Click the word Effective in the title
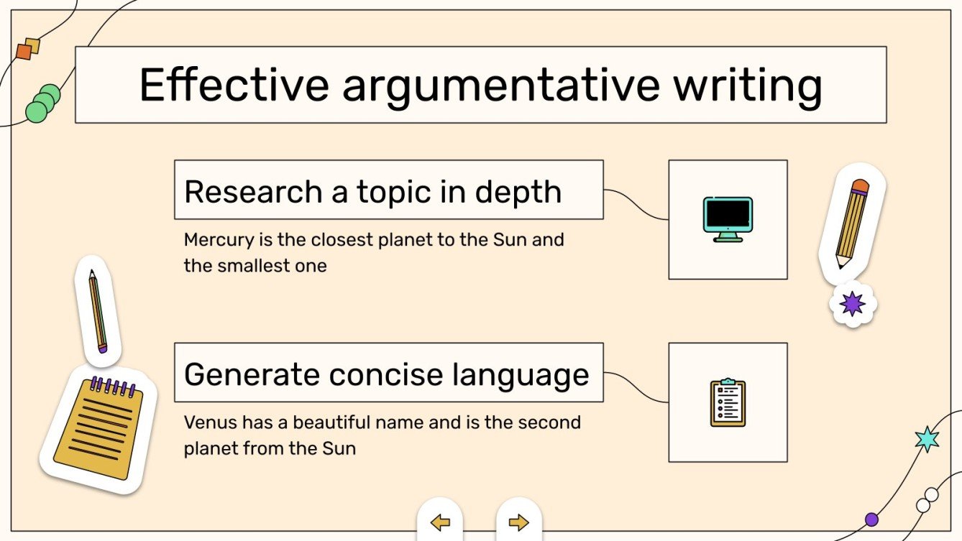tap(234, 85)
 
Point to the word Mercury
tap(215, 240)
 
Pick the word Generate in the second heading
tap(252, 375)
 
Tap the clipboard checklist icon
tap(728, 402)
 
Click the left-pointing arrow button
tap(440, 522)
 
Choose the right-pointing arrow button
tap(518, 522)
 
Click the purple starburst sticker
tap(853, 304)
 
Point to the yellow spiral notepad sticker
tap(99, 427)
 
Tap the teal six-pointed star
tap(927, 438)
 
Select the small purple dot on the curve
tap(872, 519)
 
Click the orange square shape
tap(24, 52)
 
